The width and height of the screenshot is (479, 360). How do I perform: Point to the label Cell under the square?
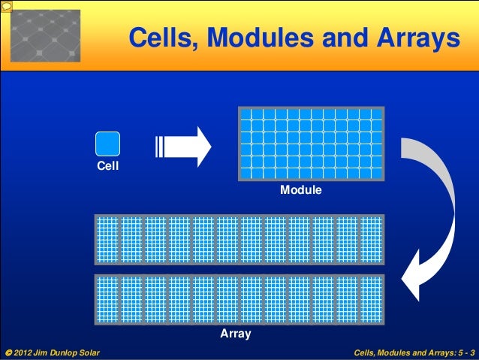[107, 165]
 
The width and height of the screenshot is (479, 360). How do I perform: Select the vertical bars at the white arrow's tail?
[158, 146]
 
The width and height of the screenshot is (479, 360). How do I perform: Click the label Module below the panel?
[301, 191]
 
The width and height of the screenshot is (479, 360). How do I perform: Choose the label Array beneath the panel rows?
[235, 333]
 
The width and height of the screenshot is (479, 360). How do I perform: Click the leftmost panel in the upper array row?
[108, 240]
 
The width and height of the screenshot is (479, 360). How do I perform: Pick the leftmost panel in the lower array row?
[108, 299]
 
